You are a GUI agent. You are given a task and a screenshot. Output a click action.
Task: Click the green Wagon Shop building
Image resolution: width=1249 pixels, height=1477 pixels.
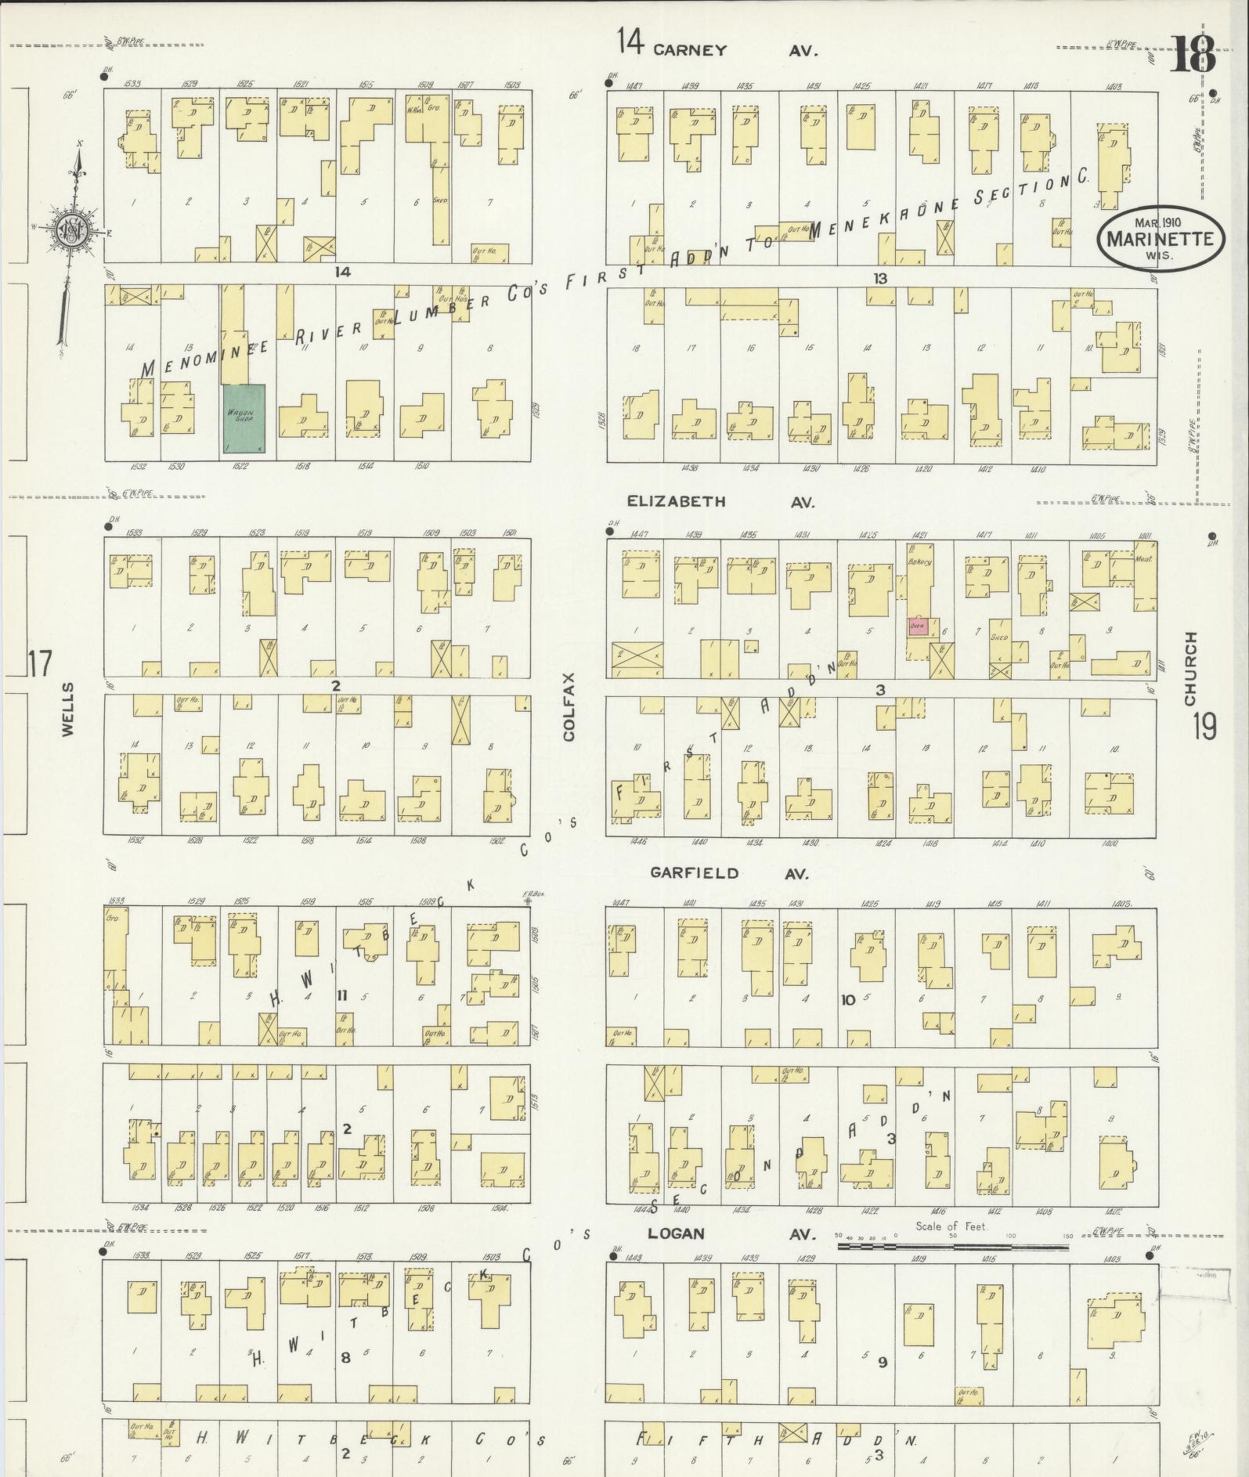click(244, 418)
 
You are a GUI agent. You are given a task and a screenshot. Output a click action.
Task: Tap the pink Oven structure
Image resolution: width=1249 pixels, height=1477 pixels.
click(918, 626)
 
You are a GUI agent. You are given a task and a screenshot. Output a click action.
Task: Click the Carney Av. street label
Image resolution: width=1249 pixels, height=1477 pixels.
click(733, 50)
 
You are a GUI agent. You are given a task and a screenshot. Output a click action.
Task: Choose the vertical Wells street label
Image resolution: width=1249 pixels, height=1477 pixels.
click(67, 709)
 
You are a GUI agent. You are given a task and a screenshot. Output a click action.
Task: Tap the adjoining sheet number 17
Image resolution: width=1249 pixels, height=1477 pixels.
click(39, 663)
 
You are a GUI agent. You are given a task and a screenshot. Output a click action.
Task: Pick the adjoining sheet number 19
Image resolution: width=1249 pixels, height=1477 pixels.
click(1204, 727)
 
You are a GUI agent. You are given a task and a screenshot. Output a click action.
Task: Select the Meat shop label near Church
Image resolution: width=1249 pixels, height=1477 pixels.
click(1144, 559)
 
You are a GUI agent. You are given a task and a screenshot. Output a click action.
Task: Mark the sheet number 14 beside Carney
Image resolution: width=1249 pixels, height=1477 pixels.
click(629, 41)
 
